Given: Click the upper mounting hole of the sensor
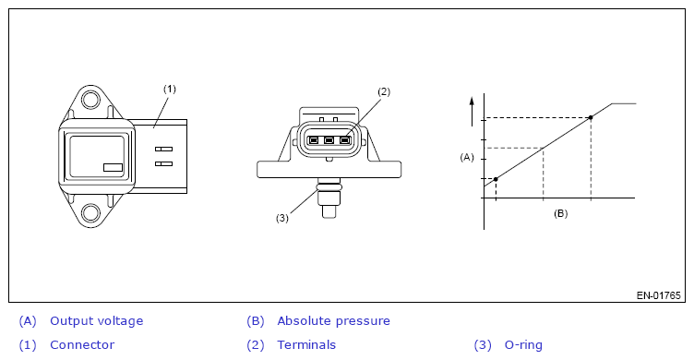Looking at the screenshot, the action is click(90, 100).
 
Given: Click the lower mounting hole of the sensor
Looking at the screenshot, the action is click(90, 213).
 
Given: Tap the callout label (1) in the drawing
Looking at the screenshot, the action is click(170, 89).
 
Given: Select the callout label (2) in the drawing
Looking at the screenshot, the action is click(384, 91).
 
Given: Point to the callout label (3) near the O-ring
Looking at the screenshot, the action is click(282, 218).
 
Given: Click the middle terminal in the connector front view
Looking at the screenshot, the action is click(329, 141).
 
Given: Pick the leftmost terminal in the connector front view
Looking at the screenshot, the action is click(314, 141).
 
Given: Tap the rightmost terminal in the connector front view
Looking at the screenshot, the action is click(345, 141).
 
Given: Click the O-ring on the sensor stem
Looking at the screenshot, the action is click(329, 187).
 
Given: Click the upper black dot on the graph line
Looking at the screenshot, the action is click(591, 117).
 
